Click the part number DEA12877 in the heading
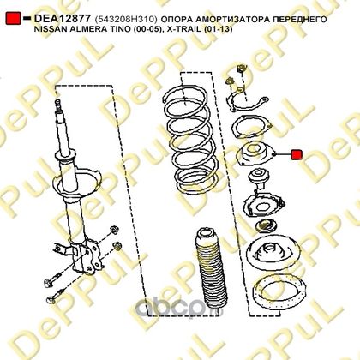[x=63, y=19]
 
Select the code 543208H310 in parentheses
[x=126, y=19]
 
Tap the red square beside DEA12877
[x=13, y=18]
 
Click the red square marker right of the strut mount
[x=297, y=155]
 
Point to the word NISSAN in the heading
[x=49, y=29]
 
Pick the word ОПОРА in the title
[x=176, y=19]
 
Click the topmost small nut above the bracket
[x=242, y=69]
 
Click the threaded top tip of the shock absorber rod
[x=58, y=105]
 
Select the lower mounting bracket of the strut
[x=87, y=255]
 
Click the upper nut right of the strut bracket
[x=114, y=230]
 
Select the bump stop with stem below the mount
[x=259, y=177]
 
